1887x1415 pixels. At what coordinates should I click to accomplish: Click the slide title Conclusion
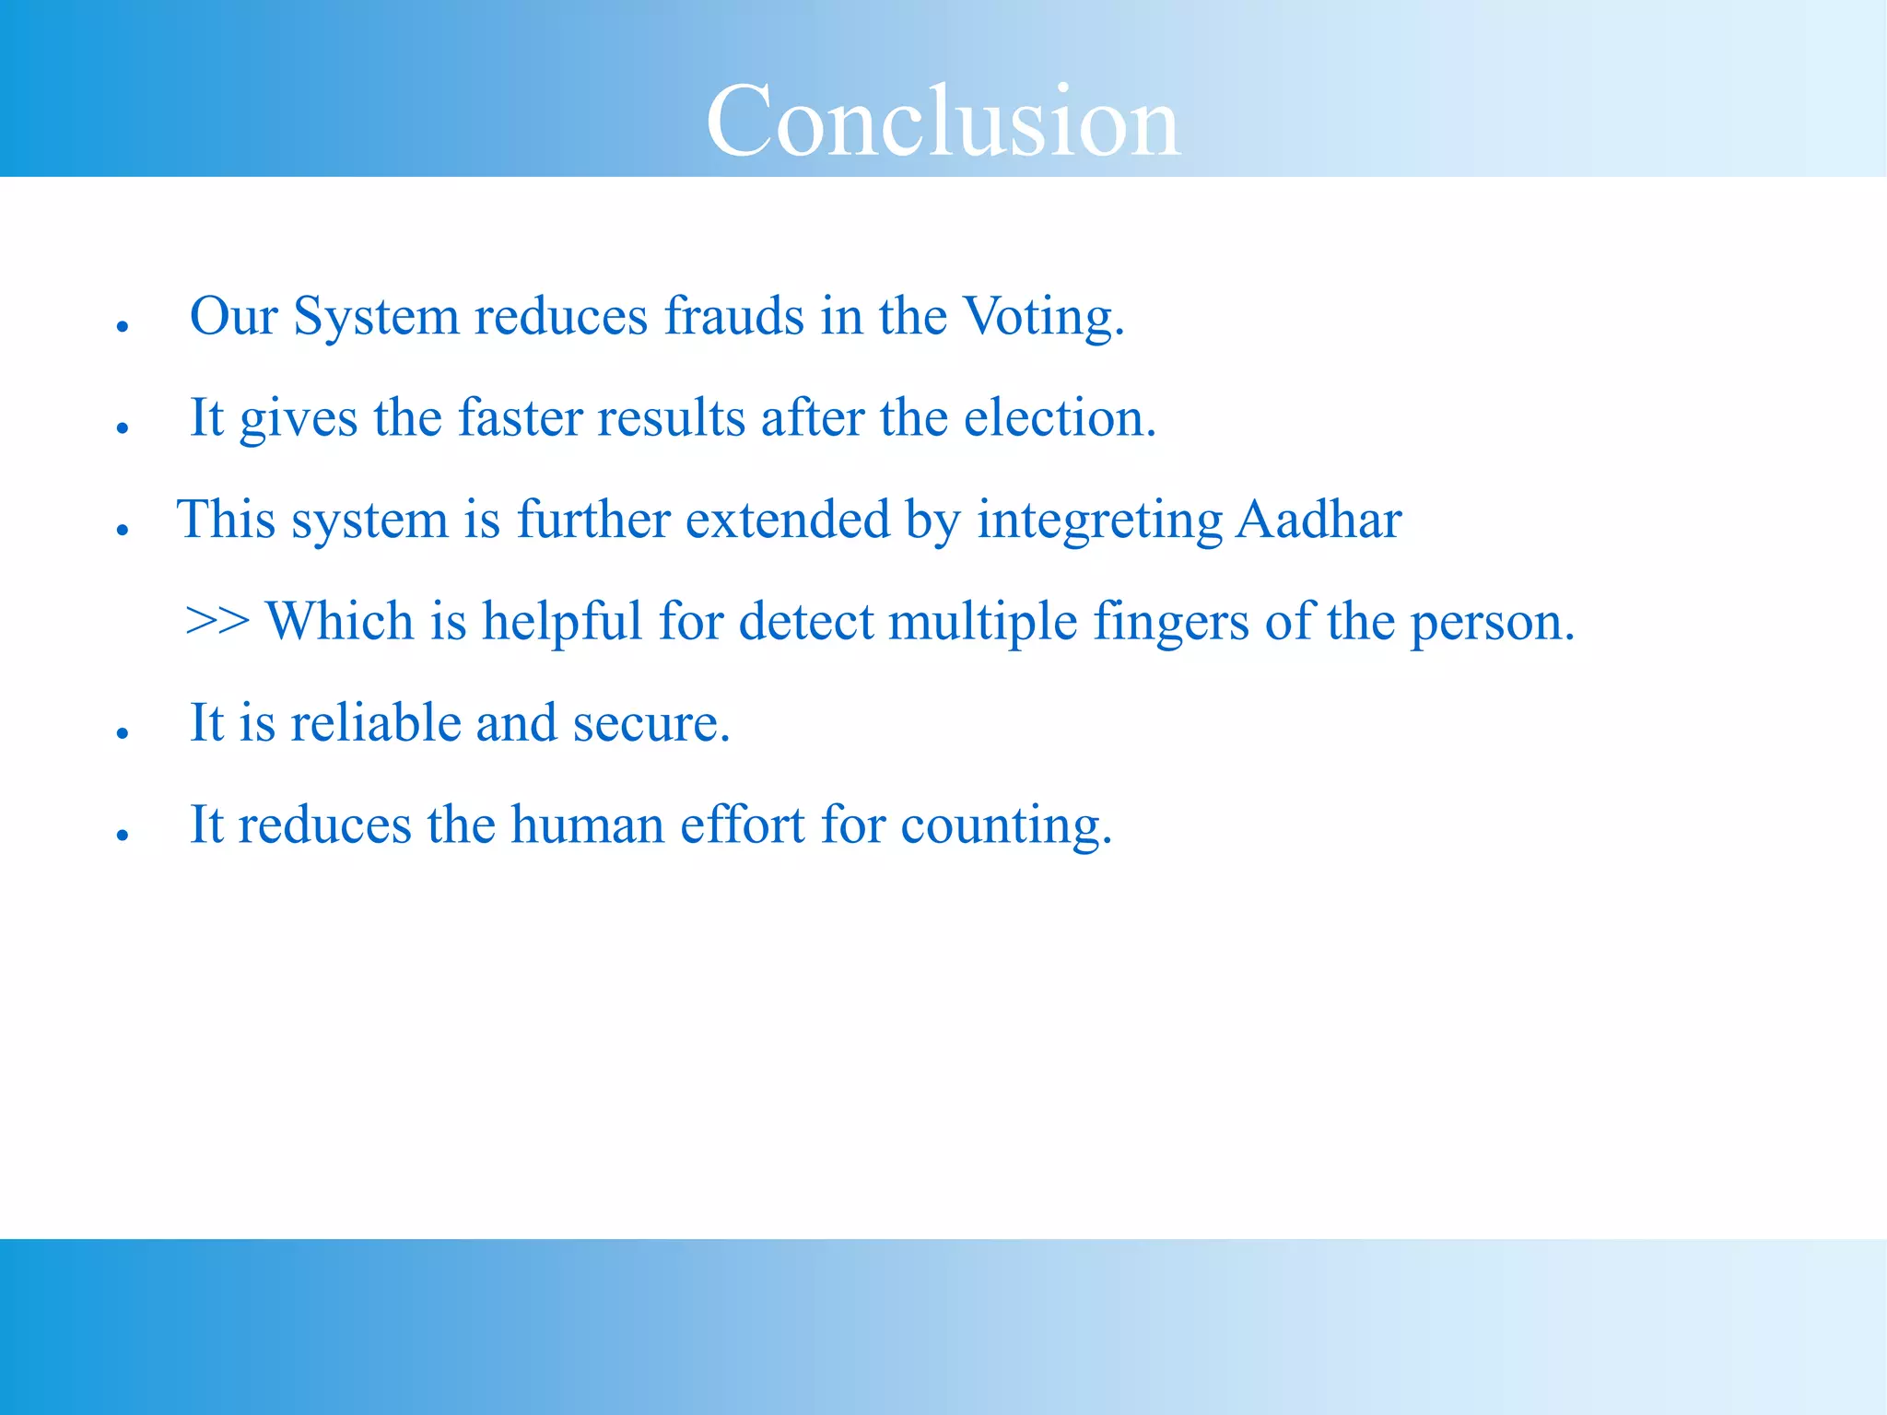point(943,122)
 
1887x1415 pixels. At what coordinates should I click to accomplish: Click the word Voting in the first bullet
point(1043,316)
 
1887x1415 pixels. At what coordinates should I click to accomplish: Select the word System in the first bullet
point(375,316)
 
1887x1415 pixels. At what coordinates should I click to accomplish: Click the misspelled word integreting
point(1099,520)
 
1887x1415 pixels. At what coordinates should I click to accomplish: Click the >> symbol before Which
point(217,621)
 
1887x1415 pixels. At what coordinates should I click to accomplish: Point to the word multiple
point(982,622)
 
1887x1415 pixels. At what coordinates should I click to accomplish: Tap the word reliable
point(376,722)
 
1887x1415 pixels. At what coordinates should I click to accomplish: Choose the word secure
point(650,724)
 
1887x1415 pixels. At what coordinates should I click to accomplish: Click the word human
point(587,824)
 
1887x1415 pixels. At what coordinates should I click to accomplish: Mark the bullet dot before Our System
point(122,326)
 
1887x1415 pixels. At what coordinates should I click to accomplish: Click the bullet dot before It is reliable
point(122,733)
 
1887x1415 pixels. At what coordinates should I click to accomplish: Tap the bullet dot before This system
point(122,530)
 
